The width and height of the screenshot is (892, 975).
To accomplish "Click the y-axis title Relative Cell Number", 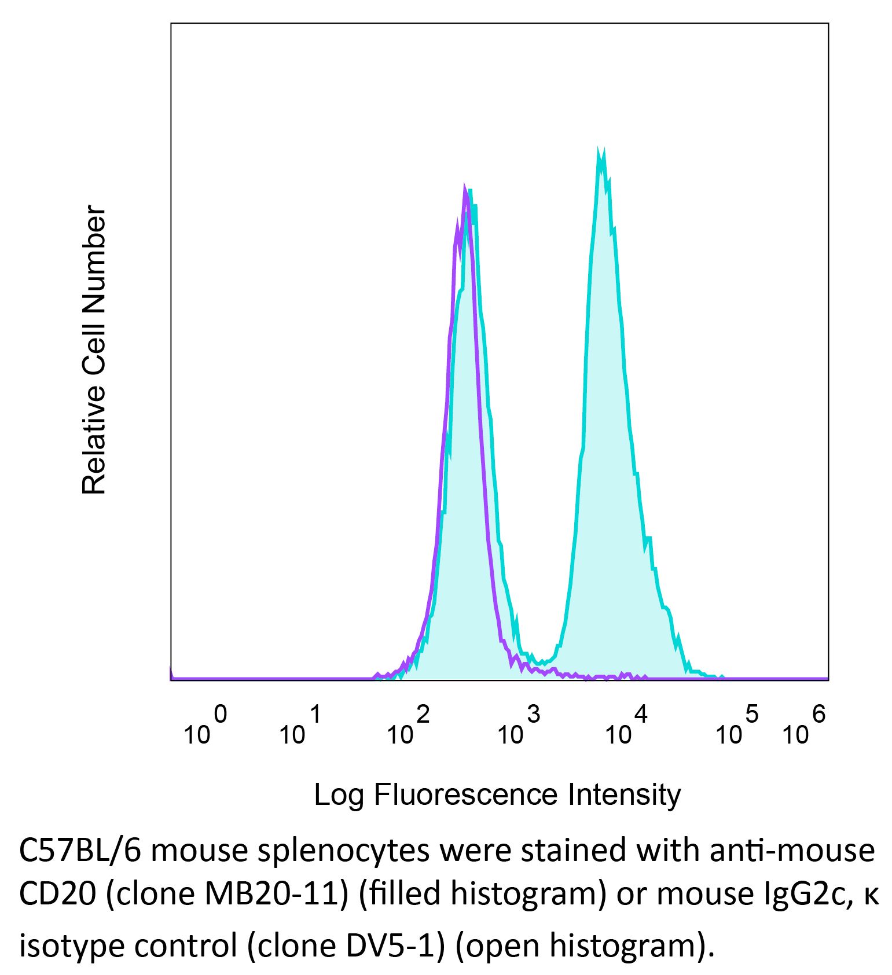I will click(94, 350).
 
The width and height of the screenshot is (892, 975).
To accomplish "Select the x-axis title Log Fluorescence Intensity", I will click(497, 794).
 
